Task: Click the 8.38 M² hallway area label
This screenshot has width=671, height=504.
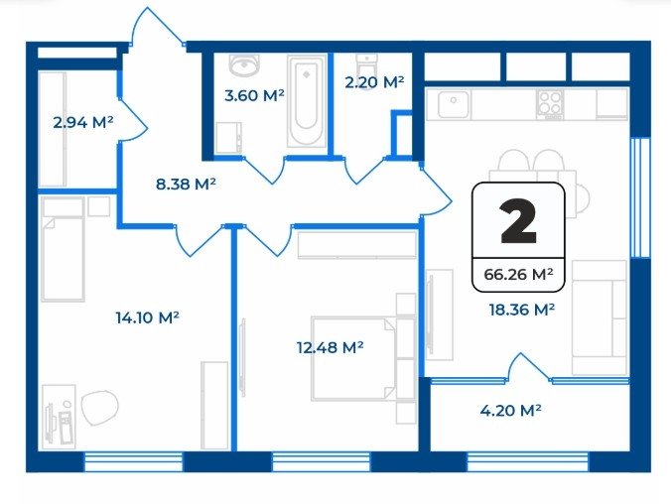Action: pos(186,185)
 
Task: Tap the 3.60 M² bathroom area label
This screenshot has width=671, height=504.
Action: pos(254,95)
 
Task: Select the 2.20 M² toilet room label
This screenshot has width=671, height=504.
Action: pos(374,82)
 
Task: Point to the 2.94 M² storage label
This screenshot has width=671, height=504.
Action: pos(83,123)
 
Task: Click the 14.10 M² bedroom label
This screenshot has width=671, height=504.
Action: pos(147,317)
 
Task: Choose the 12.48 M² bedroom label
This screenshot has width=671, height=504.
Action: pos(330,347)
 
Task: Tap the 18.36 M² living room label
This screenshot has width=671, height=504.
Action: pos(522,309)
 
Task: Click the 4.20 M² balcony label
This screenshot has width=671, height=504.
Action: pos(510,411)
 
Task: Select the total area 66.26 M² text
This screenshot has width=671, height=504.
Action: pos(518,274)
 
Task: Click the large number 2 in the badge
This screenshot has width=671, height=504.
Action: pos(518,221)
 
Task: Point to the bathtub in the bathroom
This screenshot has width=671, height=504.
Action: pos(306,102)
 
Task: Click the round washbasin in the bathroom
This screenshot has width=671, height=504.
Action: pos(244,65)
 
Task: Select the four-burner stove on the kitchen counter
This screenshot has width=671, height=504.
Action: pos(550,104)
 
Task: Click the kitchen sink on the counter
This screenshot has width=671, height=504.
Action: pos(454,104)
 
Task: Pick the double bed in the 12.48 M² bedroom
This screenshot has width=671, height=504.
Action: pos(353,358)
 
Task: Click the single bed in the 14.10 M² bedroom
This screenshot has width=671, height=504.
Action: pos(63,249)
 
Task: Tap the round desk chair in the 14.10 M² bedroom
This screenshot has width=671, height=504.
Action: pos(99,408)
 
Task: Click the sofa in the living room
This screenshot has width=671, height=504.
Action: pos(600,317)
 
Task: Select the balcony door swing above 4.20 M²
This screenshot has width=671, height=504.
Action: pos(528,367)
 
